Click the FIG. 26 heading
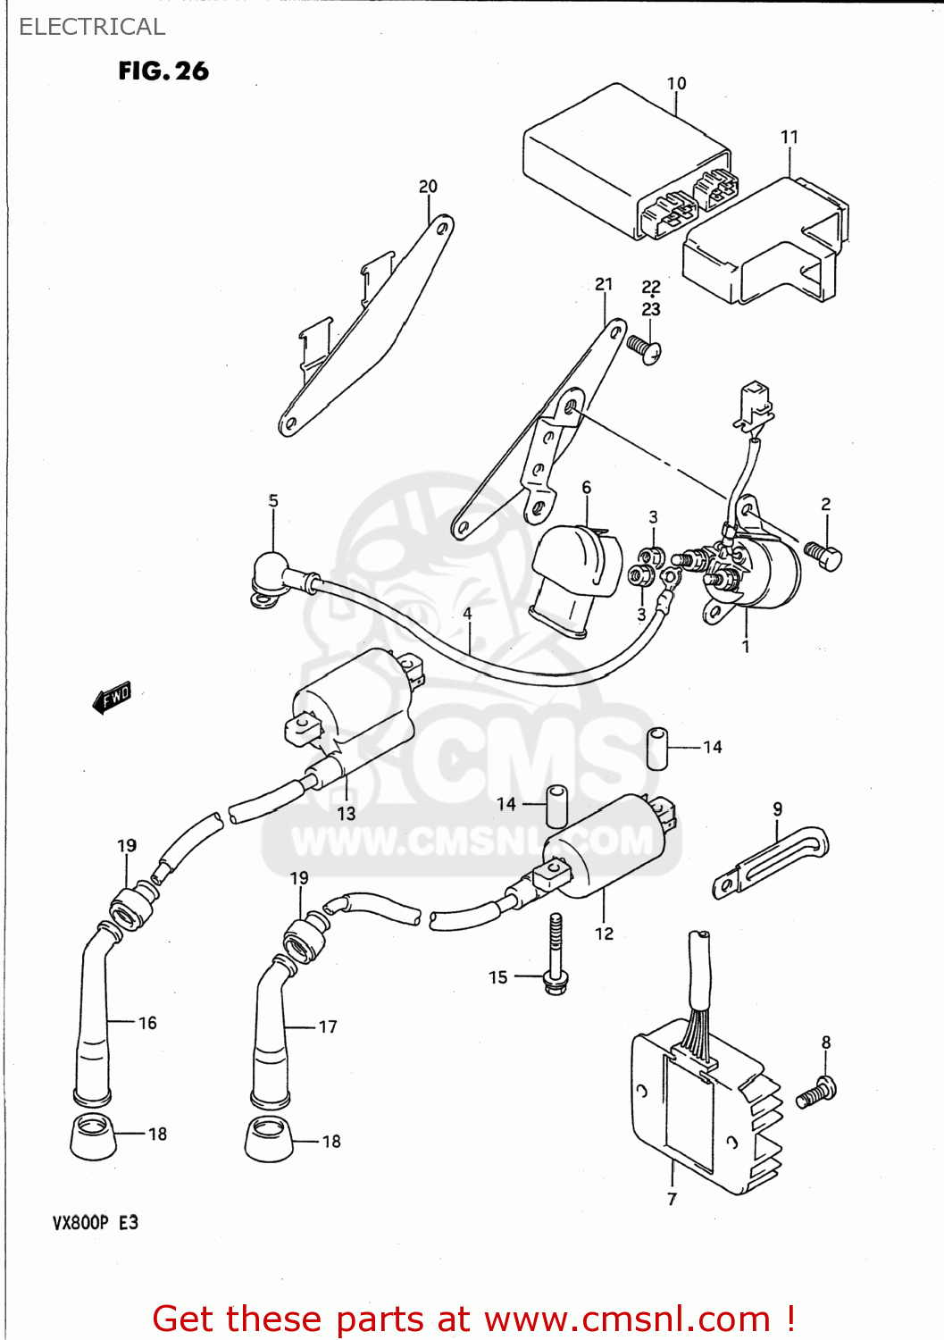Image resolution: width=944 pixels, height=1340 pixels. coord(163,71)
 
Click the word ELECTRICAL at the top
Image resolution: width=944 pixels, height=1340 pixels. coord(92,27)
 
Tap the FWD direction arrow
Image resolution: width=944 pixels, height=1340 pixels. coord(113,698)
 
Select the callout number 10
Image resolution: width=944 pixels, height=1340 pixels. coord(676,83)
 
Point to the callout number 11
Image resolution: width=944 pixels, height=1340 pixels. coord(789,137)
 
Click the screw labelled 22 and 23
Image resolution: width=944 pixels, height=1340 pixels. coord(644,348)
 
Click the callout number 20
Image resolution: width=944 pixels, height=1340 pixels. coord(428,186)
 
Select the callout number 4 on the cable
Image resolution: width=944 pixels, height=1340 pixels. coord(467,614)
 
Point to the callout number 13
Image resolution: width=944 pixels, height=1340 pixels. coord(347,813)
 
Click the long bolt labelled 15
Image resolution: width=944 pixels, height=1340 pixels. coord(556,954)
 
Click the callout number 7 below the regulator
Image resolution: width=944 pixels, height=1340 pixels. coord(672,1199)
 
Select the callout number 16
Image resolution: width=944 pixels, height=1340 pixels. coord(147,1023)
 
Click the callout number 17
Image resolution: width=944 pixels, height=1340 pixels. coord(328,1026)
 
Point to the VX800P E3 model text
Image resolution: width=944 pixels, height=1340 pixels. coord(96,1222)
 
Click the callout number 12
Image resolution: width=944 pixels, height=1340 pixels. coord(605,934)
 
